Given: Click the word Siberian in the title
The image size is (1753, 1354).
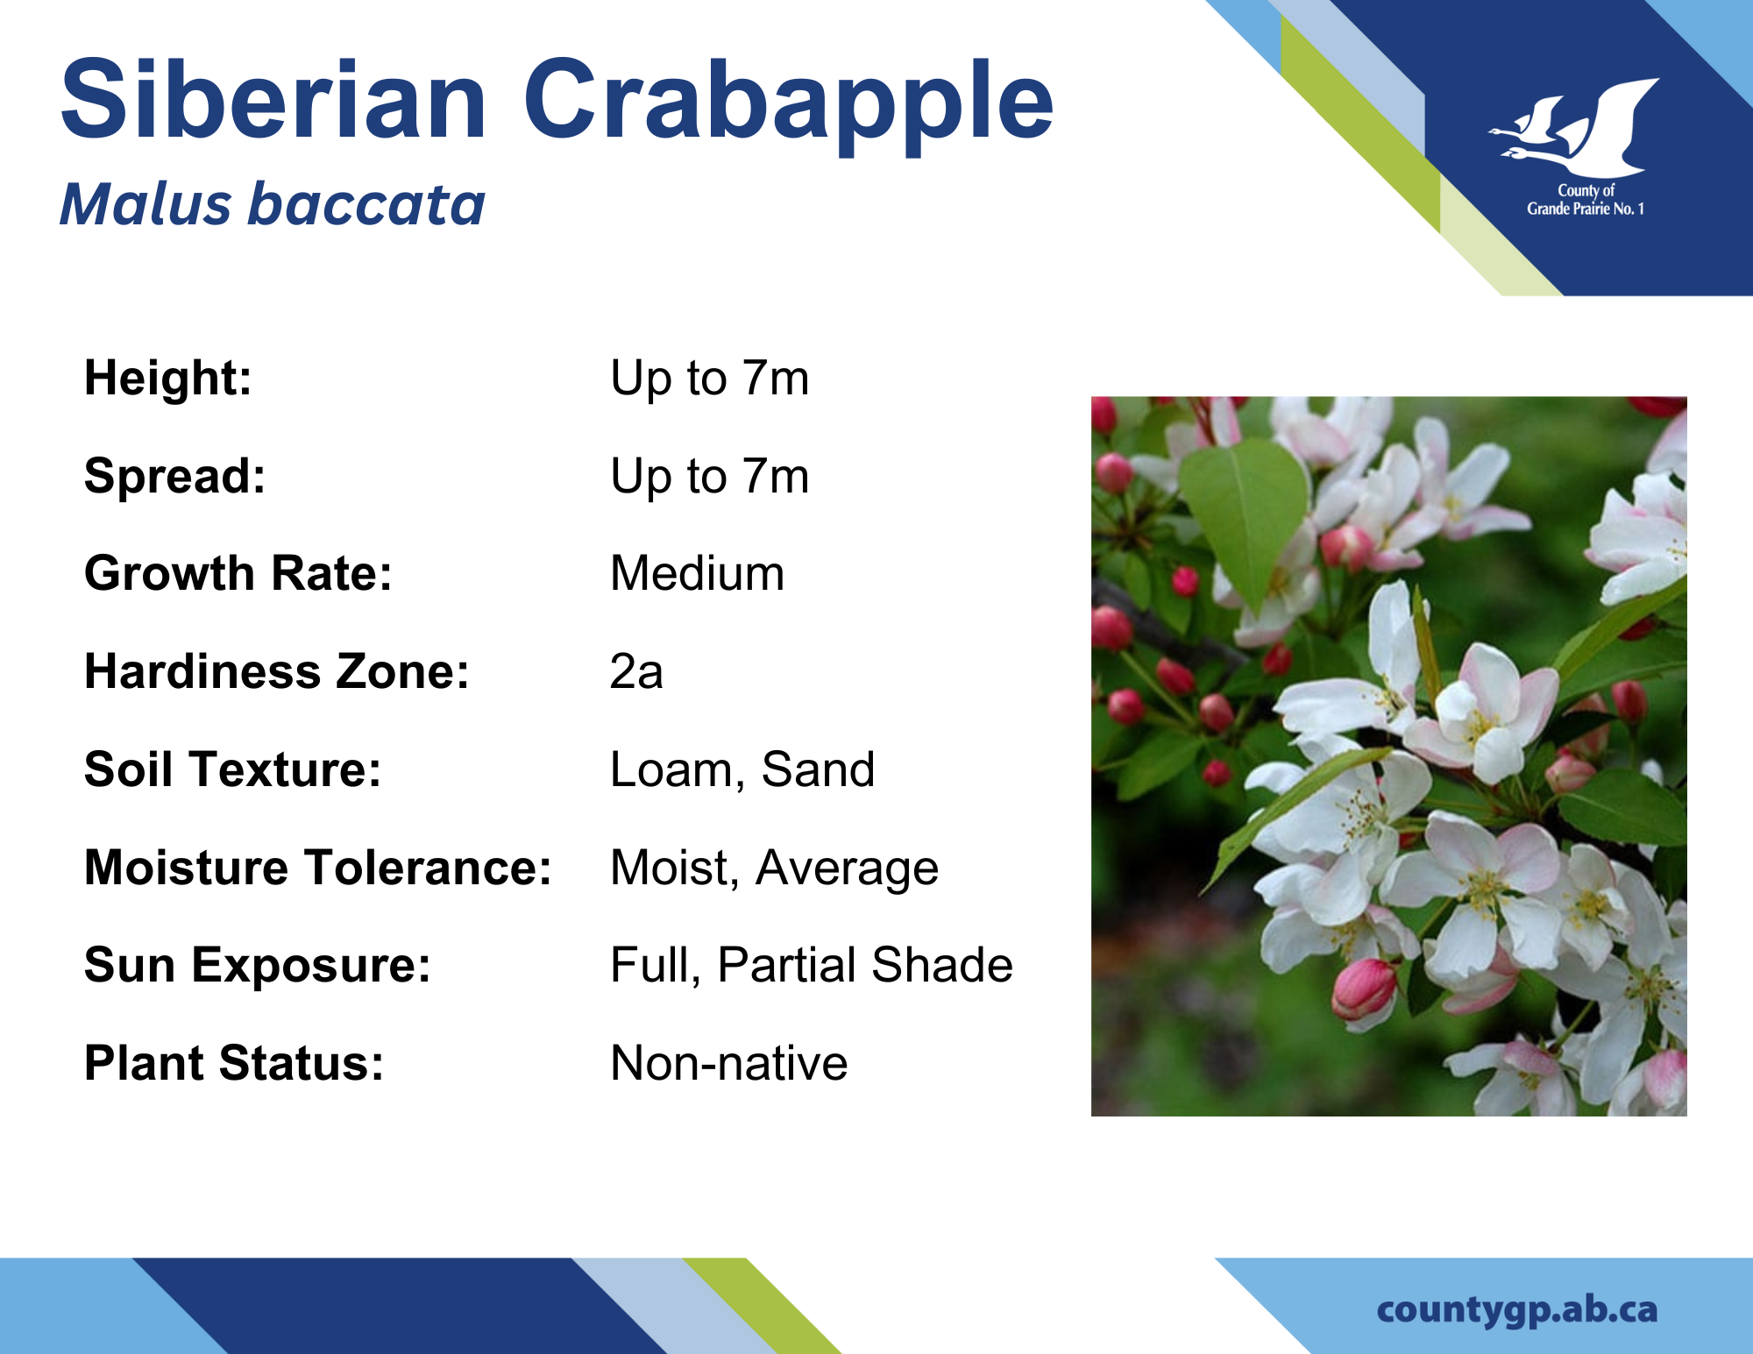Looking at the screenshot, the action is (273, 98).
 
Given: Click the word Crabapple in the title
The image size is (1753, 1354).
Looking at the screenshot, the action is (789, 105).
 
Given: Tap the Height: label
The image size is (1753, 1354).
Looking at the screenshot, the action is (168, 379).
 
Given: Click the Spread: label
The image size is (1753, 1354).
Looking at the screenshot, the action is (174, 477).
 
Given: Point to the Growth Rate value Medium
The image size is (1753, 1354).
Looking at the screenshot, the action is (698, 573).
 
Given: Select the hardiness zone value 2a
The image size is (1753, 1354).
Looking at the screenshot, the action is (636, 672).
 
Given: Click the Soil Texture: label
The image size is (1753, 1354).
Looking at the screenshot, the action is (233, 769).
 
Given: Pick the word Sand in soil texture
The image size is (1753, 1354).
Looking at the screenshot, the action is (818, 769).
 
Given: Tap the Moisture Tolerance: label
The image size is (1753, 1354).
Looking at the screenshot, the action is (318, 868).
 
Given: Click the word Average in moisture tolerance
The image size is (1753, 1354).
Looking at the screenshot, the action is (847, 869).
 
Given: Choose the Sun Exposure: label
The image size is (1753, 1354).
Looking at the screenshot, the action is (258, 966).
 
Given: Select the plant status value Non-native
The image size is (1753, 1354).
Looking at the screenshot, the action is (729, 1063).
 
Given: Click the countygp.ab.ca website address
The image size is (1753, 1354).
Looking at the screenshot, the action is (1517, 1310).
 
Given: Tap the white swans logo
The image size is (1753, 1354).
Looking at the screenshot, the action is (1574, 129).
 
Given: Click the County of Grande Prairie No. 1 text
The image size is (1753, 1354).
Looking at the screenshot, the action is (1586, 200).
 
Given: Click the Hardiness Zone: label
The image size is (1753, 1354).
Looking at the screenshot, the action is (277, 672).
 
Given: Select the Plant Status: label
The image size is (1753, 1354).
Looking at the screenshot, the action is (234, 1064).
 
